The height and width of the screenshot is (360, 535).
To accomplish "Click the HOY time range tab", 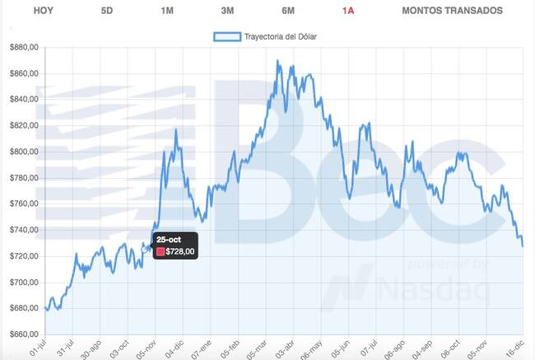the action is click(44, 11).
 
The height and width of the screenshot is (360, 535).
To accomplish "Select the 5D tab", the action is click(107, 11).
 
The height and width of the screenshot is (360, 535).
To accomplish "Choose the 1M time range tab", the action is click(167, 11).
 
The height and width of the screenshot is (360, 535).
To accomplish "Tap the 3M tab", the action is click(227, 11).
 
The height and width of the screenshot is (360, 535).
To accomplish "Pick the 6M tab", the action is click(288, 11).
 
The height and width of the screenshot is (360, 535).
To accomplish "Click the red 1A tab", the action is click(348, 11).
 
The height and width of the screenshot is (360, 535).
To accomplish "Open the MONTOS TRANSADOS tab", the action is click(452, 11).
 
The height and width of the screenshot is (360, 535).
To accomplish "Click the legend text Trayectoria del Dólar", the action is click(281, 36).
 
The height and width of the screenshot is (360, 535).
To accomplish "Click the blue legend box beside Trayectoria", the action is click(227, 36).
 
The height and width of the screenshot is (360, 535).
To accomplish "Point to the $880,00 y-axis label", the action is click(24, 48).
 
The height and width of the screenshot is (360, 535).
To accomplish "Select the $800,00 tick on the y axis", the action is click(24, 152).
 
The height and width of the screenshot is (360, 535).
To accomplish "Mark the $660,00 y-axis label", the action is click(24, 334).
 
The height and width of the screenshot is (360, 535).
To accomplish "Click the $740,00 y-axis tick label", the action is click(24, 230).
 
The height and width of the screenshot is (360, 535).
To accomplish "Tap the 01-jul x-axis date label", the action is click(38, 348).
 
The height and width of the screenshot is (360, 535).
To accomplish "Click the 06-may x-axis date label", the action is click(311, 349).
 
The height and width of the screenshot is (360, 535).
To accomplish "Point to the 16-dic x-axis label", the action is click(515, 348).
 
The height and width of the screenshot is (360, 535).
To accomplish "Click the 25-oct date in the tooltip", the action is click(169, 240).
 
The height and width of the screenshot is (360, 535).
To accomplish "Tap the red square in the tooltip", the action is click(160, 252).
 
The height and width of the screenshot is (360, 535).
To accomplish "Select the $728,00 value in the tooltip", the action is click(180, 252).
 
